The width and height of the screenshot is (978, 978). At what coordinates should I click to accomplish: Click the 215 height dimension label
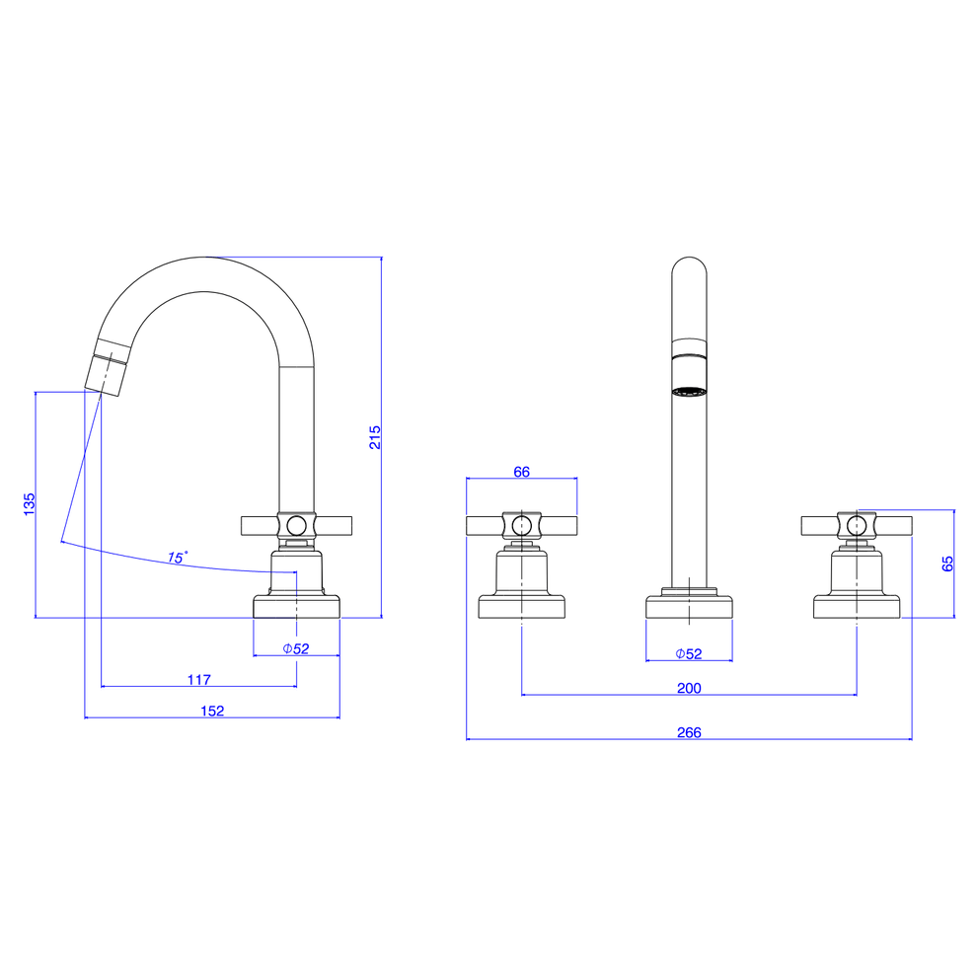[375, 437]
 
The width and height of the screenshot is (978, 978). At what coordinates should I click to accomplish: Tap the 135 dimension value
[30, 504]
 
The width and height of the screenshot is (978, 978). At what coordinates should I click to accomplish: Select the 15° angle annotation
[177, 557]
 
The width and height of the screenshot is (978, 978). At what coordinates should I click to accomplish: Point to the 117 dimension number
[199, 679]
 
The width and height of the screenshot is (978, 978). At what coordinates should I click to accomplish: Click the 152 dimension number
[212, 711]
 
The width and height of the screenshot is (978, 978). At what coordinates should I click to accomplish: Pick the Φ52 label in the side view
[296, 648]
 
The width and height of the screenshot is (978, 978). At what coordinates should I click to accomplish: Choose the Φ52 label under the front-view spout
[689, 653]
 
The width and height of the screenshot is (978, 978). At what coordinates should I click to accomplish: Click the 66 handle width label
[521, 472]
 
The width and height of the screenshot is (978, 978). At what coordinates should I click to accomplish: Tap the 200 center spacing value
[689, 687]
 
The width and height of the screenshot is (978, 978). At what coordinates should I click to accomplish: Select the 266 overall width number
[689, 732]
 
